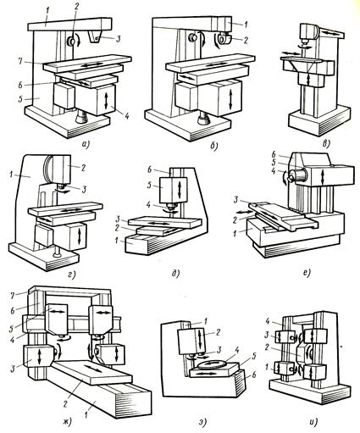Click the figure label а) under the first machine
click(85, 145)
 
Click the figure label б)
click(214, 146)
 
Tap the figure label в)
click(325, 144)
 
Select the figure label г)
click(72, 274)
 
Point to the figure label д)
click(175, 274)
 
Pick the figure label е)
click(307, 273)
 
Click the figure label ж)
click(67, 422)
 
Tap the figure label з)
click(203, 422)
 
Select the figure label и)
click(315, 422)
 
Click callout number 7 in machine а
click(20, 61)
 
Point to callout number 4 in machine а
click(126, 115)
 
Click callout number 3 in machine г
click(85, 190)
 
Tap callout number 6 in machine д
click(150, 169)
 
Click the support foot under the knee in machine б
click(204, 118)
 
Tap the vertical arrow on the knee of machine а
click(107, 101)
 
